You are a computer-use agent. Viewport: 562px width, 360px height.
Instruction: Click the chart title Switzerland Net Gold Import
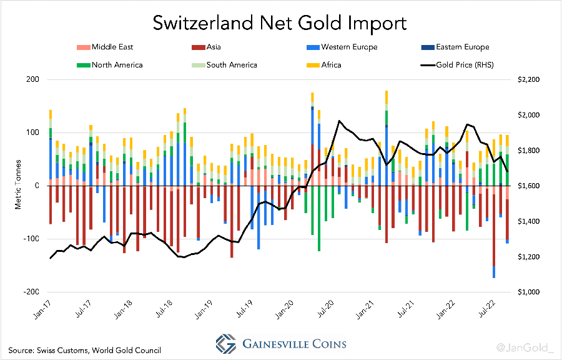point(280,24)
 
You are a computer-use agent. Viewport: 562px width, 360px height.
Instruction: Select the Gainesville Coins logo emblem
point(226,343)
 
